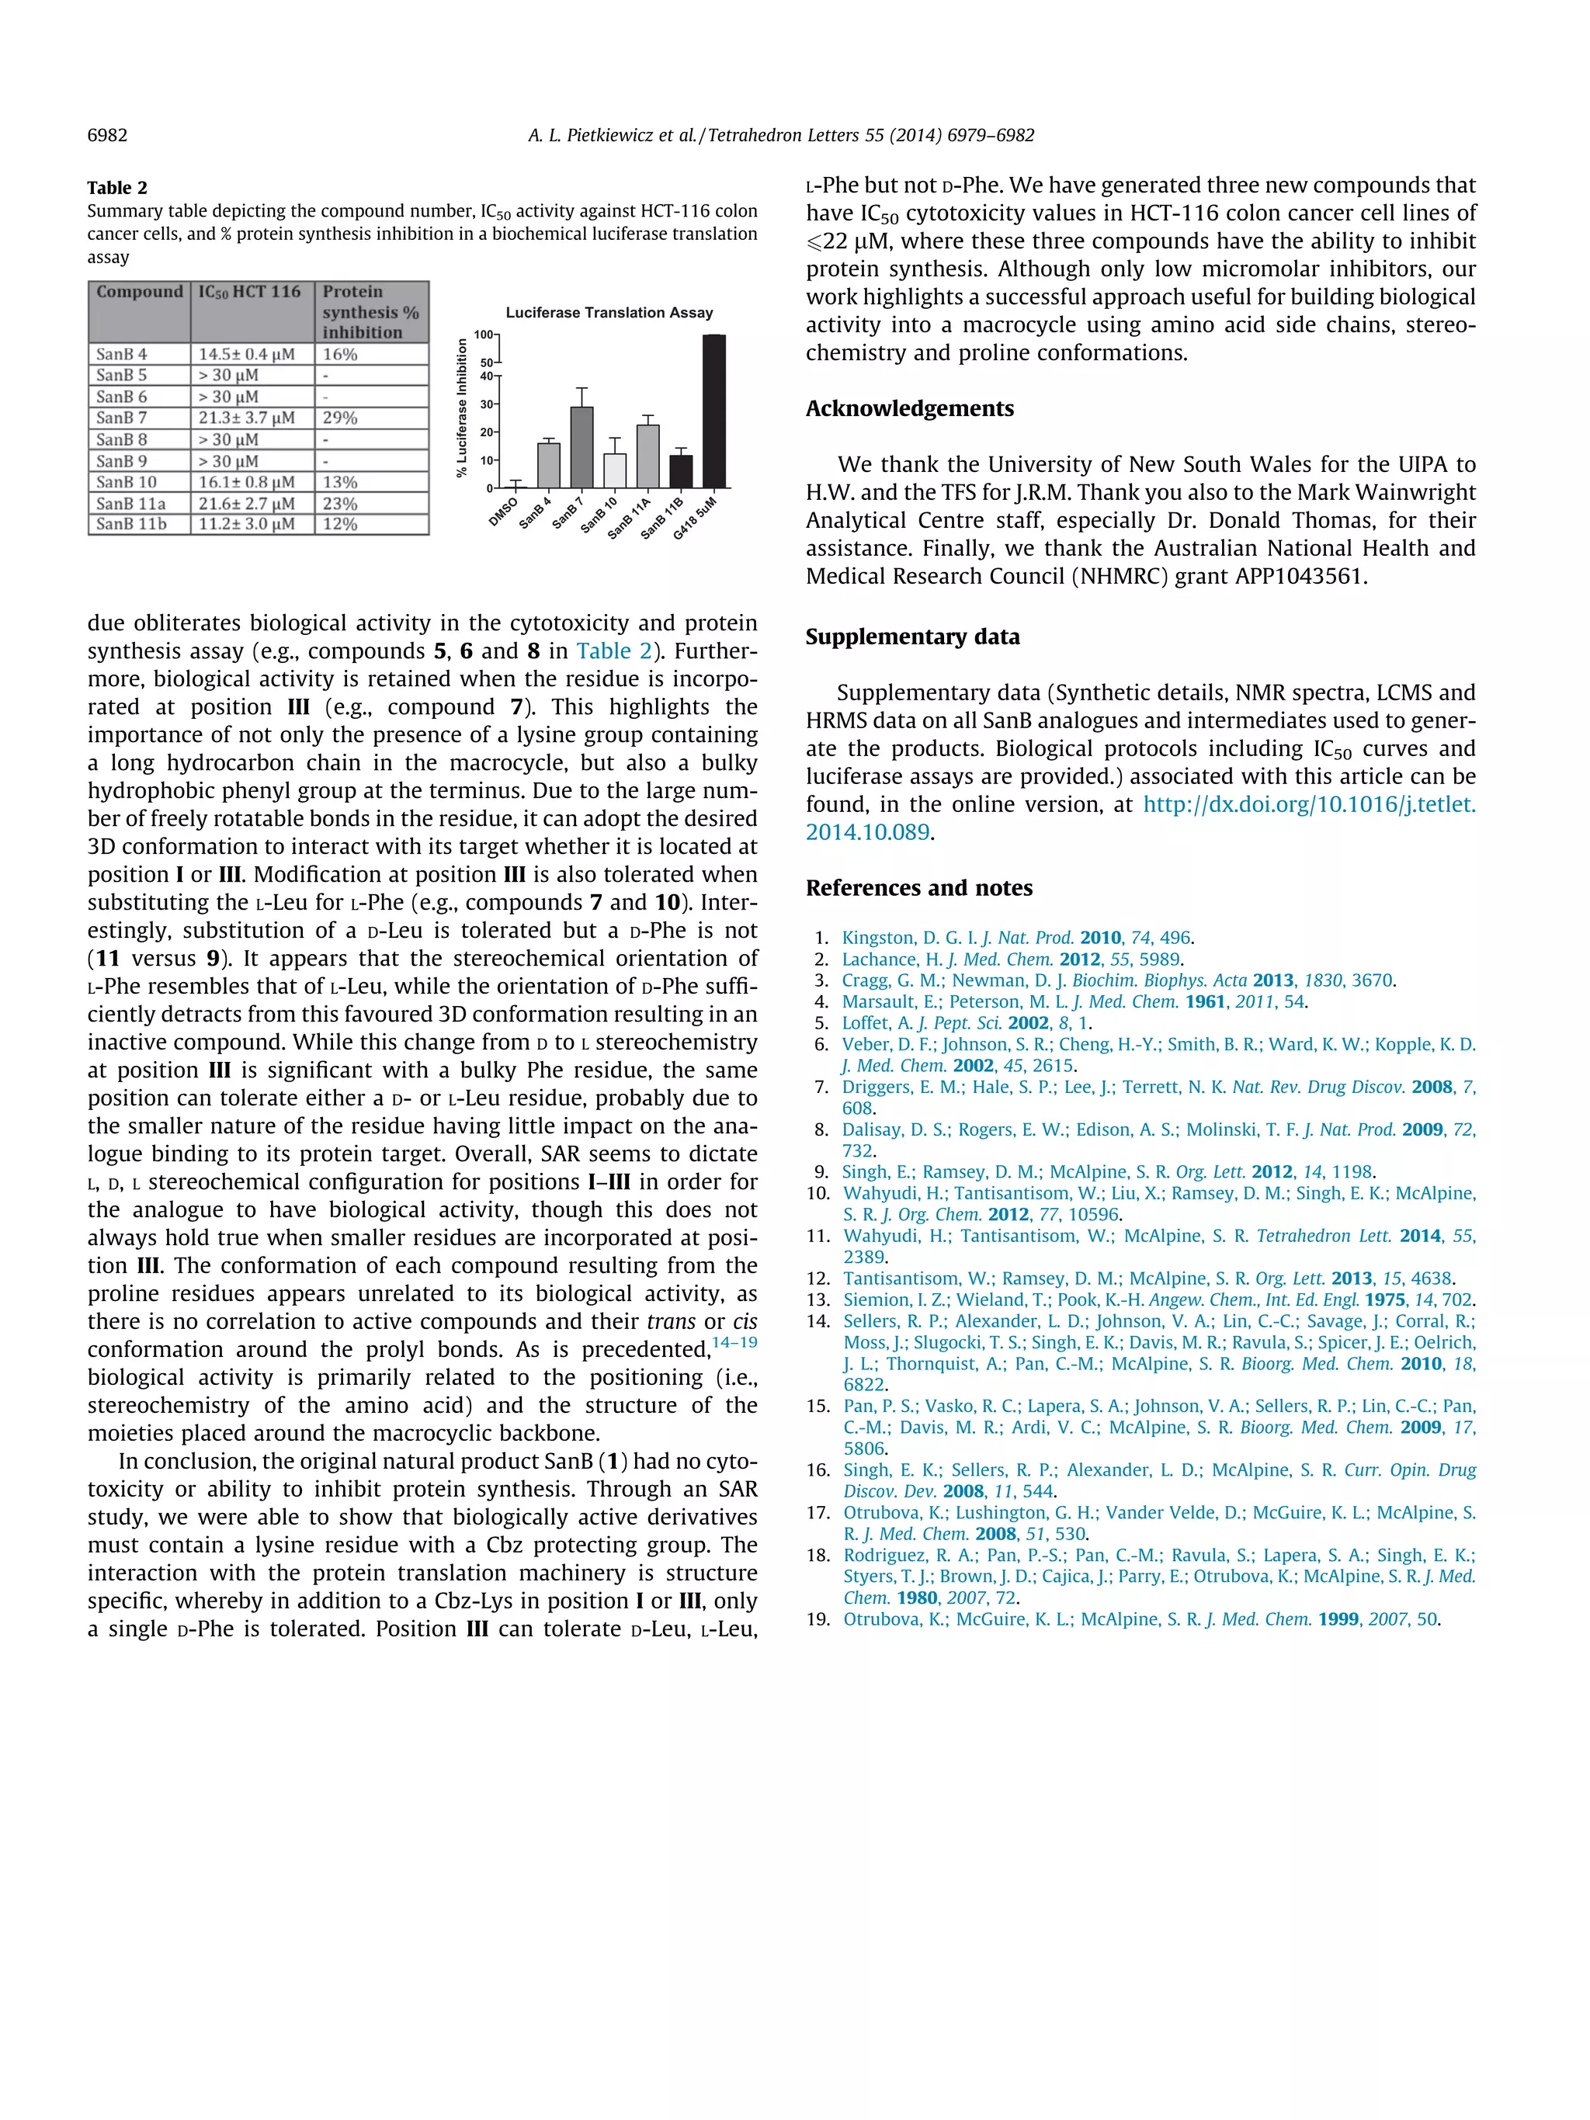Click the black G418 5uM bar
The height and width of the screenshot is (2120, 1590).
pyautogui.click(x=714, y=411)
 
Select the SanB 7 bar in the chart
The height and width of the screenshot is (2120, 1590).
pyautogui.click(x=581, y=448)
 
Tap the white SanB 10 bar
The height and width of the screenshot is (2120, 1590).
pyautogui.click(x=614, y=470)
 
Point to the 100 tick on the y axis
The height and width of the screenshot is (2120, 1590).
pyautogui.click(x=484, y=335)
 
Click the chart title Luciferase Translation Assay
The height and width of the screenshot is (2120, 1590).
pyautogui.click(x=609, y=312)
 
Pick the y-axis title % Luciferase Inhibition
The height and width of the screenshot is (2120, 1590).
pyautogui.click(x=463, y=408)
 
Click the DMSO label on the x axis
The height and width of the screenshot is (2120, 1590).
pyautogui.click(x=503, y=511)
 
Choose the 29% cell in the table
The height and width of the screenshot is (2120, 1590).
pyautogui.click(x=340, y=418)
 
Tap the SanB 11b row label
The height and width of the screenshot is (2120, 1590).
pyautogui.click(x=131, y=524)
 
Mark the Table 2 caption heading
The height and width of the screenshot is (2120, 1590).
pyautogui.click(x=117, y=188)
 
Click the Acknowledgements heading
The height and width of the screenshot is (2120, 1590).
pyautogui.click(x=908, y=408)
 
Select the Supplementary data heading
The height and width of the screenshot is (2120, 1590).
pyautogui.click(x=911, y=637)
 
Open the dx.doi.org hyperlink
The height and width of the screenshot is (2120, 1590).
pyautogui.click(x=1308, y=805)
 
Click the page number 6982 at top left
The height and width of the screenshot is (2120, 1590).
pyautogui.click(x=107, y=135)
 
